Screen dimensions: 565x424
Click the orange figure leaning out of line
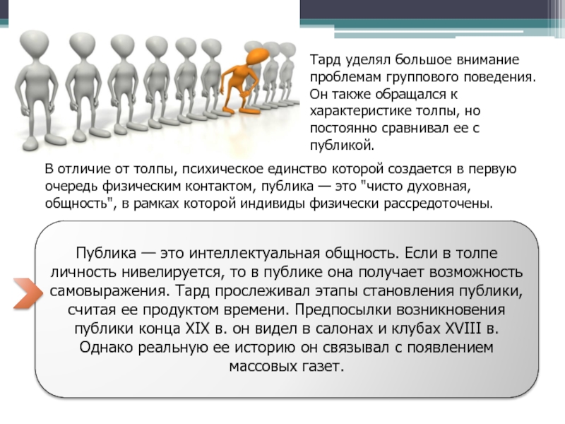click(x=242, y=81)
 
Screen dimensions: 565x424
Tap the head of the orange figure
click(x=256, y=57)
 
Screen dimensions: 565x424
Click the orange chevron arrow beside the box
click(x=28, y=293)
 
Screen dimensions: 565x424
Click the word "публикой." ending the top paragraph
click(x=343, y=146)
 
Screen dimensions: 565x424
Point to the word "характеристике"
click(x=360, y=111)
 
